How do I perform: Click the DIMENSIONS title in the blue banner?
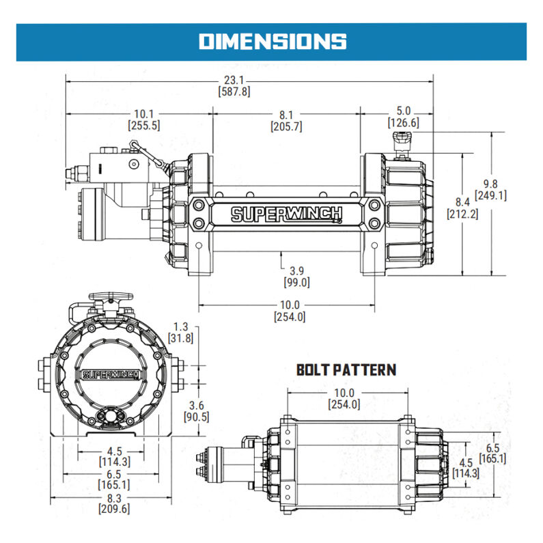point(272,41)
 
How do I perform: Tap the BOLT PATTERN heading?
point(346,370)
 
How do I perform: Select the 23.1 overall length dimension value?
point(234,79)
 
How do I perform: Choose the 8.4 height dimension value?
point(463,201)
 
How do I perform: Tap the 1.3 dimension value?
point(181,326)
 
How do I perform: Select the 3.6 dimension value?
point(195,405)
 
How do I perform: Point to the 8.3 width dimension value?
point(113,498)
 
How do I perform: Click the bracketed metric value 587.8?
point(234,91)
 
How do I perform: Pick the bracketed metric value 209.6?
point(113,509)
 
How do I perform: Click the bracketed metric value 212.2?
point(463,213)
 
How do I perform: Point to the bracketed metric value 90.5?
point(195,417)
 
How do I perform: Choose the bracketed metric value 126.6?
point(403,123)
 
